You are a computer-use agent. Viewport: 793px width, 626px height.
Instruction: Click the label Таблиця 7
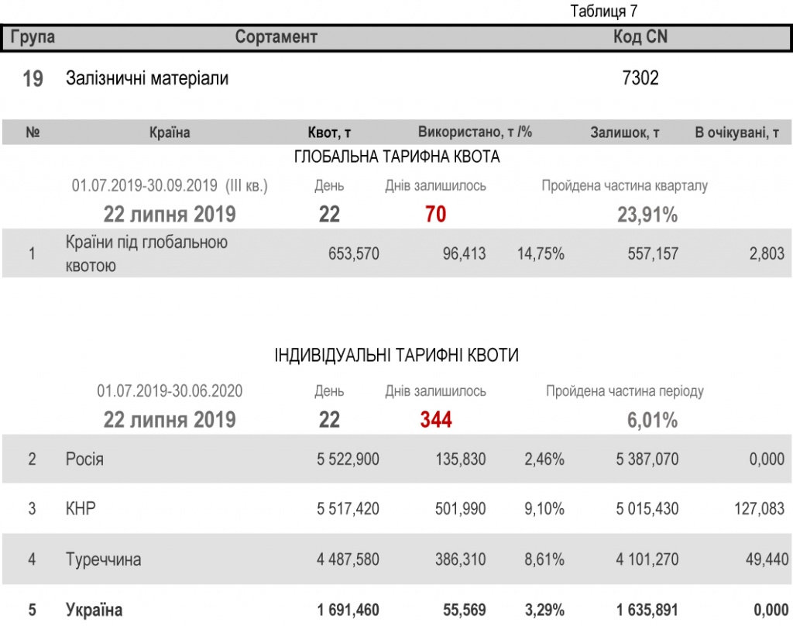click(603, 12)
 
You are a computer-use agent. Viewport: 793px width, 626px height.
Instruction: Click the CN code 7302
click(640, 78)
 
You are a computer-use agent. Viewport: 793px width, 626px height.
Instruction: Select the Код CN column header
click(640, 37)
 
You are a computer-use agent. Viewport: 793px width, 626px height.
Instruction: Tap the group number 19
click(33, 78)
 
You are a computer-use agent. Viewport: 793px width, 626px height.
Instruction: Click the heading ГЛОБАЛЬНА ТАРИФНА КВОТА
click(397, 157)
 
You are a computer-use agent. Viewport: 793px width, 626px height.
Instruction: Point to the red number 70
click(436, 215)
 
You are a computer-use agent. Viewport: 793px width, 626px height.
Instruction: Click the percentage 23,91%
click(647, 215)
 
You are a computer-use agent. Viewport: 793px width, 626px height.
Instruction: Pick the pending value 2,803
click(767, 253)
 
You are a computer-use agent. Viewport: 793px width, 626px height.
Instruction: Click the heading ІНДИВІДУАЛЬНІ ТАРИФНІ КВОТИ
click(396, 356)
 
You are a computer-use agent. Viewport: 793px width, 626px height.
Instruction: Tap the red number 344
click(436, 420)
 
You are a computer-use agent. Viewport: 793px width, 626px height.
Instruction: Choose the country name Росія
click(84, 459)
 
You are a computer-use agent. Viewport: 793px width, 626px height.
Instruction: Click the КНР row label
click(81, 509)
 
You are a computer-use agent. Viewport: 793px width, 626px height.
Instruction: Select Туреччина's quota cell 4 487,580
click(348, 559)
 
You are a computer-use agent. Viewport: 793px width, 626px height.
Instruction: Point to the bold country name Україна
click(94, 611)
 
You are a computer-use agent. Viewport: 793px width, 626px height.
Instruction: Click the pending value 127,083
click(759, 509)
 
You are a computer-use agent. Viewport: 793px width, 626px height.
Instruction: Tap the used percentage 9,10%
click(544, 509)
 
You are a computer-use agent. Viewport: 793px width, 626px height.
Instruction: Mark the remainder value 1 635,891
click(647, 611)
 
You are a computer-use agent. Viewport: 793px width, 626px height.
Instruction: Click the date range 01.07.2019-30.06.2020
click(170, 391)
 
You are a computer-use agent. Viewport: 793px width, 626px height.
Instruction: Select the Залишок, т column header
click(625, 132)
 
